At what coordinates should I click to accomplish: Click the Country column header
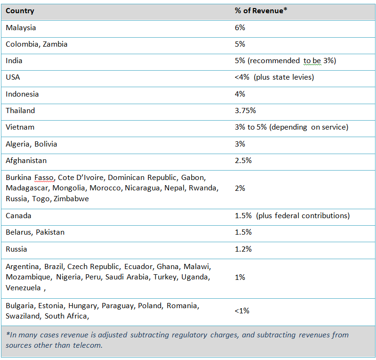point(20,11)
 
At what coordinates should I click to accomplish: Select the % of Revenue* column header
point(261,10)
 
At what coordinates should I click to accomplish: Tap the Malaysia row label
point(21,28)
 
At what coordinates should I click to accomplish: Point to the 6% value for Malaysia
point(240,28)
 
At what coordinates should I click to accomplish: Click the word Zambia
point(55,44)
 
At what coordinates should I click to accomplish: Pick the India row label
point(14,61)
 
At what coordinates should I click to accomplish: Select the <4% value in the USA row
point(242,77)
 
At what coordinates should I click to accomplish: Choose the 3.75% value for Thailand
point(245,111)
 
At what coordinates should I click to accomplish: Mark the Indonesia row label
point(22,94)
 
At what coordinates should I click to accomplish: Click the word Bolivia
point(46,144)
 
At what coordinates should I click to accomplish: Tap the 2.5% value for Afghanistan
point(243,161)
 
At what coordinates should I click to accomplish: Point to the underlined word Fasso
point(44,178)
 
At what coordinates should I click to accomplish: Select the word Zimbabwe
point(71,199)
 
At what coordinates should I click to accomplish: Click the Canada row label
point(18,216)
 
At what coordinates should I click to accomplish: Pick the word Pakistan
point(50,232)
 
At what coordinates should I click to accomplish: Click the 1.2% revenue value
point(243,249)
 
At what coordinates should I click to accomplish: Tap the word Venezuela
point(23,288)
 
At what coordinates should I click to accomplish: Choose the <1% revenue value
point(242,311)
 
